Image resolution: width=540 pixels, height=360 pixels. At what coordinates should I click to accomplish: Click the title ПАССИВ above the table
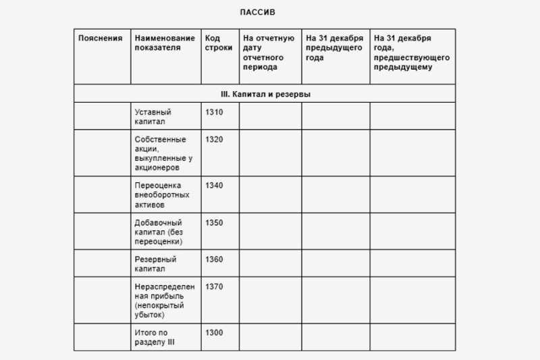point(257,12)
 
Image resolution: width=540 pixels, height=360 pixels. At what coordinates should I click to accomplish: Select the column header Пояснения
point(100,38)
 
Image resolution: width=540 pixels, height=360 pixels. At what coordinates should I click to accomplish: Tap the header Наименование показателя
point(165,43)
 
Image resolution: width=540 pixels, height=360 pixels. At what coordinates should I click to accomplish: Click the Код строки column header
point(218,43)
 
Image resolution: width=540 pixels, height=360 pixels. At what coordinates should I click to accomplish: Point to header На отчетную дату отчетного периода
point(268,53)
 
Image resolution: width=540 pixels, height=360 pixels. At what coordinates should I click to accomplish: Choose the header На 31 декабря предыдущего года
point(334,48)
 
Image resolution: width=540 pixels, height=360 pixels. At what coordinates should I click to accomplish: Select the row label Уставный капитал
point(153,117)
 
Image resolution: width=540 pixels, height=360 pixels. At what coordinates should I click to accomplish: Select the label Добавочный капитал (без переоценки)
point(159,232)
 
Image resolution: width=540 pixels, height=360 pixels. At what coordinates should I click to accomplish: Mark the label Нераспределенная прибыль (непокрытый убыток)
point(160,301)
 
